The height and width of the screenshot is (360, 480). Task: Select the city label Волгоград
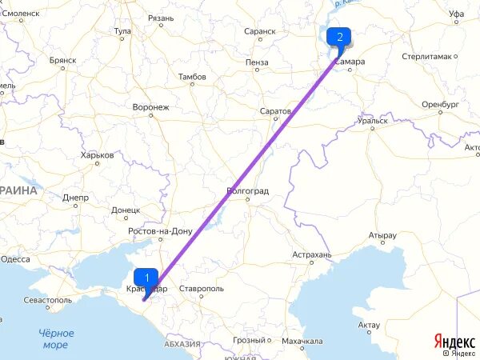click(248, 191)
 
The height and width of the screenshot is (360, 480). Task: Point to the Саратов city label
click(276, 111)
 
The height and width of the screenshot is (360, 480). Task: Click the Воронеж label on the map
click(150, 106)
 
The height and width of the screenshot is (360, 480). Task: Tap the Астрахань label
click(311, 254)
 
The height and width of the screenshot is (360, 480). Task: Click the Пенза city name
click(258, 62)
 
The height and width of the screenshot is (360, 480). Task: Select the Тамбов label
click(191, 77)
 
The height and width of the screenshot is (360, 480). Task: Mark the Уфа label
click(457, 14)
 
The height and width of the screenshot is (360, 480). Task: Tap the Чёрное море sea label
click(56, 338)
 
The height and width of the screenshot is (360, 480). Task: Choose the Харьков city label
click(97, 156)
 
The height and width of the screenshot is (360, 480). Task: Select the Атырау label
click(382, 235)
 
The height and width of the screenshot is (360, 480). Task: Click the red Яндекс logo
click(453, 342)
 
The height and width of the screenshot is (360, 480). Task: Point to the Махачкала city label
click(302, 341)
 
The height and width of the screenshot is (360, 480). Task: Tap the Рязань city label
click(160, 18)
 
